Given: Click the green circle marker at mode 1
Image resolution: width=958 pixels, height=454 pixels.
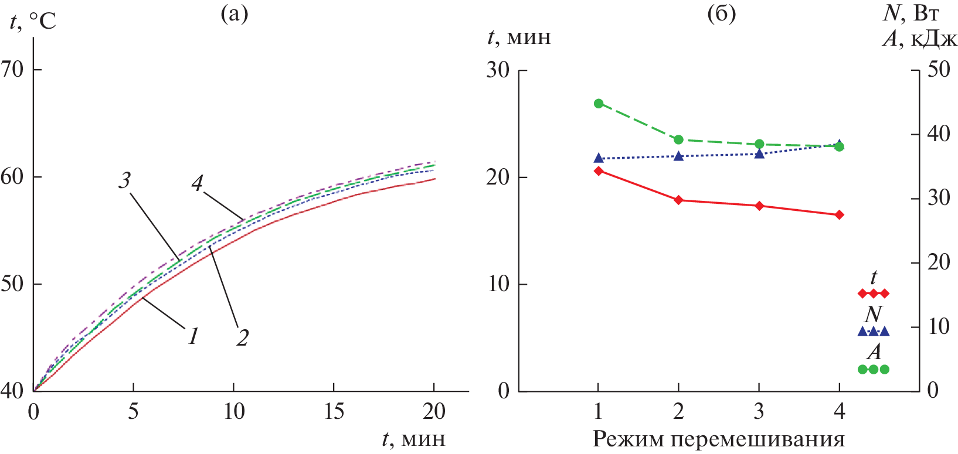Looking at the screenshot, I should (x=599, y=104).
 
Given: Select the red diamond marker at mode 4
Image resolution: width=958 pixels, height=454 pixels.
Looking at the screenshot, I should (x=840, y=215).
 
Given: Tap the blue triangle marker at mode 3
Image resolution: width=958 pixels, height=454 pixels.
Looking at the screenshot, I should (x=759, y=153).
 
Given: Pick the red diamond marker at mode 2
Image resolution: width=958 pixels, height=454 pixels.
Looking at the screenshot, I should (x=679, y=200).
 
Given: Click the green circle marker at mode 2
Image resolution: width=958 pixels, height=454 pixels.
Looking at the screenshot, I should (x=679, y=139).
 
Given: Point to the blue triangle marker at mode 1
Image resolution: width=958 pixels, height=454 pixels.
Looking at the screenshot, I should (x=599, y=158).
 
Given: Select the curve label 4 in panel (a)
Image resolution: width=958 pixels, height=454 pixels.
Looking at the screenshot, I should (x=197, y=183).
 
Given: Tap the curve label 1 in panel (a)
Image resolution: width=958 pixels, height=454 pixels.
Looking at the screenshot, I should (x=193, y=336).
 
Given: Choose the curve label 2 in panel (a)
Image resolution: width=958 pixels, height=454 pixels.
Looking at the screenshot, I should (x=242, y=337).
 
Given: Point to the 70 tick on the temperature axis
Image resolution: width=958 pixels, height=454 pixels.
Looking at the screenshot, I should (x=13, y=70).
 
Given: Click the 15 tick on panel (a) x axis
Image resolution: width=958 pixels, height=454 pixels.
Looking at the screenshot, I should (x=334, y=412).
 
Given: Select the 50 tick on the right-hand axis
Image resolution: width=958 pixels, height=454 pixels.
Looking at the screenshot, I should (x=939, y=70).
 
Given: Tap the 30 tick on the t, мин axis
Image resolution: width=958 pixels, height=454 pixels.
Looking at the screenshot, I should (x=498, y=70).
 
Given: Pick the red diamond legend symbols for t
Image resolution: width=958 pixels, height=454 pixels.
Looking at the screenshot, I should (x=874, y=293).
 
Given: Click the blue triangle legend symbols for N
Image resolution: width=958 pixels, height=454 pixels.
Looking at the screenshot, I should (x=874, y=332).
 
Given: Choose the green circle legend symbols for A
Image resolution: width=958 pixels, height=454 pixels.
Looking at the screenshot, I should (x=874, y=370).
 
